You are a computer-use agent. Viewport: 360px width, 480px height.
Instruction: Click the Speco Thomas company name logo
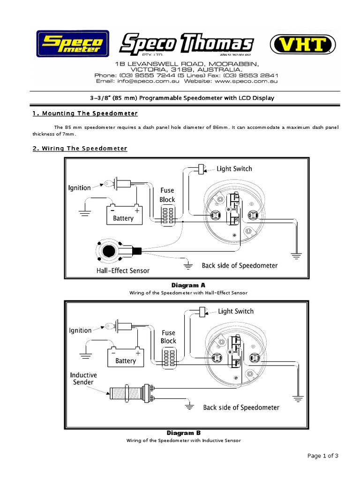point(186,45)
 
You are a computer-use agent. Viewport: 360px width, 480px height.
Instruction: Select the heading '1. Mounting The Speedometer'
point(85,113)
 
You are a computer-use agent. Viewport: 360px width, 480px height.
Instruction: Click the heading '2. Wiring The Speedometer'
point(80,148)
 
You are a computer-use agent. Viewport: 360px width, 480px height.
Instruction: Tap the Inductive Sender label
point(83,378)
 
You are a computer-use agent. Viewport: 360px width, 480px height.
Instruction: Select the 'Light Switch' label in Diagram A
point(234,169)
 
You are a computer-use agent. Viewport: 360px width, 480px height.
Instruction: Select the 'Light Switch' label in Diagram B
point(235,311)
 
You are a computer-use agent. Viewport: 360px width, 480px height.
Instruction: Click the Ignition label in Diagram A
point(80,188)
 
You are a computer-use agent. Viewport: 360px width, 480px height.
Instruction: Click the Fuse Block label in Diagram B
point(168,337)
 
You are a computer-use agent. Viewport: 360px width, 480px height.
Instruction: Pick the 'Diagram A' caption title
point(188,285)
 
